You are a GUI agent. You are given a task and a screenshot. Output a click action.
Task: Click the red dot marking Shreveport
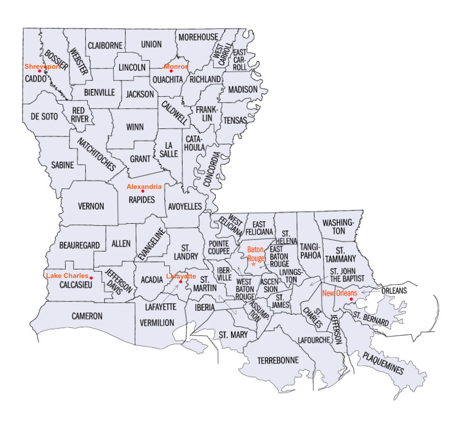39,71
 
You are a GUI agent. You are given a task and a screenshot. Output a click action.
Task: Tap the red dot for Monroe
170,71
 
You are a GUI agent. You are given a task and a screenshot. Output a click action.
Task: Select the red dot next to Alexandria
143,191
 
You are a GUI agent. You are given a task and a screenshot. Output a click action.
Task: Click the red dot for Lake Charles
91,277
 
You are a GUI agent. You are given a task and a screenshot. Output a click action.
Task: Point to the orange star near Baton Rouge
253,264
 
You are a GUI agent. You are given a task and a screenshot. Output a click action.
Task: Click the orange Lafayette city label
180,276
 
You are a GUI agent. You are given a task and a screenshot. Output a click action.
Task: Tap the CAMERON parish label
87,316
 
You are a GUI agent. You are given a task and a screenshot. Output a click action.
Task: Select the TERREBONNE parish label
278,360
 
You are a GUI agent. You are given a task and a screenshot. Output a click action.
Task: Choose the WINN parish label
135,127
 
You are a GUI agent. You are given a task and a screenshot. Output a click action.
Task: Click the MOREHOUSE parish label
198,37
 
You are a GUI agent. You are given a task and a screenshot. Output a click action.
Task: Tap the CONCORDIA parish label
210,170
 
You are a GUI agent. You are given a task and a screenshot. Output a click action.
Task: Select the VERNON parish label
91,206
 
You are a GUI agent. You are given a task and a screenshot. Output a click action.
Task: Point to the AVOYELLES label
185,206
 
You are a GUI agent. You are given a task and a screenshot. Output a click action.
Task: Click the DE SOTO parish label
43,116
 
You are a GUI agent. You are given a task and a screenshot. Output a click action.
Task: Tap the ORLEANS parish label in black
394,290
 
